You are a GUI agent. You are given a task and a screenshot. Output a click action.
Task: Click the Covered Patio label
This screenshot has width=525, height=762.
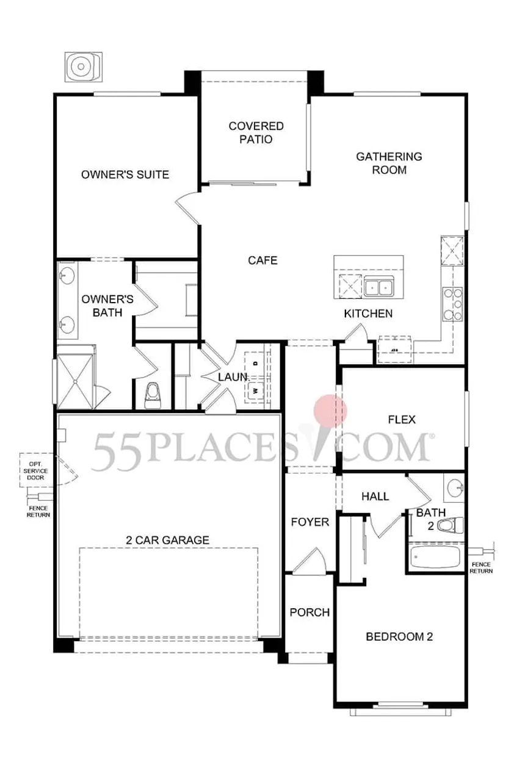coord(256,132)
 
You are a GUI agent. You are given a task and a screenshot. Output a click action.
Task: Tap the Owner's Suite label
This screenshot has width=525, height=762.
coord(125,175)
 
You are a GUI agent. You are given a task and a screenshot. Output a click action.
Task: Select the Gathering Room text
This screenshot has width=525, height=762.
coord(389,163)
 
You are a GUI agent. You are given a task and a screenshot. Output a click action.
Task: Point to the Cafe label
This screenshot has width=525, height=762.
coord(262,261)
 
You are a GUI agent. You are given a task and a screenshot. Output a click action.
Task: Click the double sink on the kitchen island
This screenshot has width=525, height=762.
coord(378,286)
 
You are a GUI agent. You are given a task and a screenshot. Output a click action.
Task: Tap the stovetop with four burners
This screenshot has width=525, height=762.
coord(452,304)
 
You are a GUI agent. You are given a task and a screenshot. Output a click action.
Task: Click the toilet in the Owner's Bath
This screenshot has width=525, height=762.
coord(152,396)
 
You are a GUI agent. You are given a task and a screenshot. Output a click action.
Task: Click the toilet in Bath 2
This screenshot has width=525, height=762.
coord(450,525)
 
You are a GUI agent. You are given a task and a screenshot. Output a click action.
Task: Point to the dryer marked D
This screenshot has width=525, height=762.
coord(255,364)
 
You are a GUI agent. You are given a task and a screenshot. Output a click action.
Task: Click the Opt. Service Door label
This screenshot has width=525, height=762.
coord(36,471)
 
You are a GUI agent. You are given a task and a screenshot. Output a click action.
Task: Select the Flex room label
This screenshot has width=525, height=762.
coord(402,420)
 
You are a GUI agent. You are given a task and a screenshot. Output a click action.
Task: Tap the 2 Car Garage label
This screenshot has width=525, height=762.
coord(167,540)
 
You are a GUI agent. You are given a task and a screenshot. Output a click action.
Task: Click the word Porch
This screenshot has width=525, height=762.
coord(310,613)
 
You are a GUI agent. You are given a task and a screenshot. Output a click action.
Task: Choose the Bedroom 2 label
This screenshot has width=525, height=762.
coord(399,637)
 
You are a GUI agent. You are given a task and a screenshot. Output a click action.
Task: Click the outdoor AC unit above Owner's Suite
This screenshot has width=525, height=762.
coord(84,66)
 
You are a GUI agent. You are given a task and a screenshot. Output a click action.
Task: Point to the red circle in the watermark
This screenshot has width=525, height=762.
coord(330,411)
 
